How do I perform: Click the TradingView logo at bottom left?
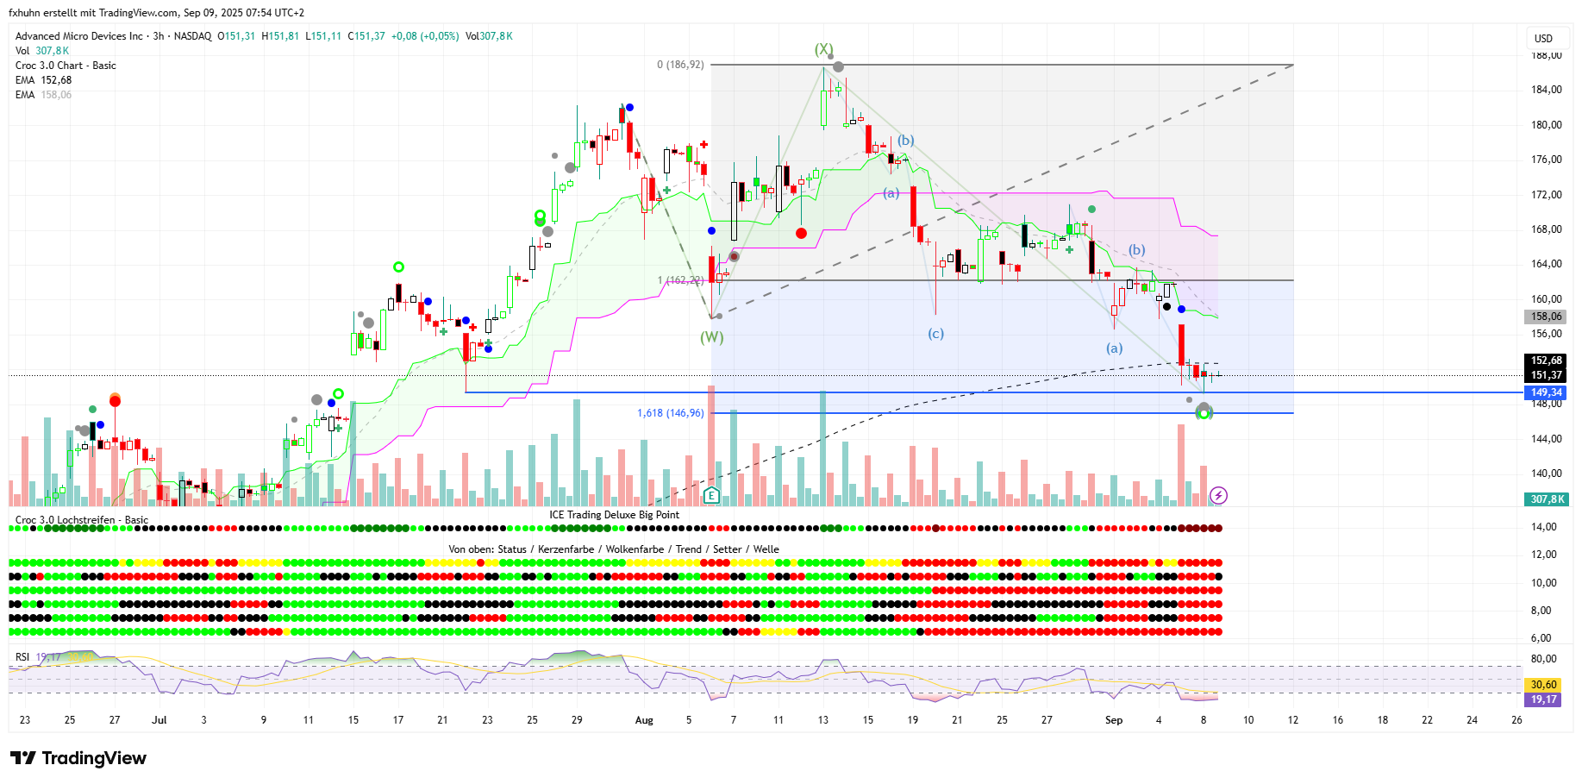[x=78, y=758]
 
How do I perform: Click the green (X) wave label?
[x=824, y=49]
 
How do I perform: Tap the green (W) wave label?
[x=711, y=337]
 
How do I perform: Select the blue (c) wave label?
[x=935, y=333]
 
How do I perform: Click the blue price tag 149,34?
[x=1546, y=392]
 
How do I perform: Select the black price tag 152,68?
[x=1546, y=361]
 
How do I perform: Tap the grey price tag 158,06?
[x=1546, y=317]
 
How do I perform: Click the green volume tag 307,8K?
[x=1546, y=499]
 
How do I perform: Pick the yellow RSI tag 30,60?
[x=1543, y=685]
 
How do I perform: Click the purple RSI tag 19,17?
[x=1543, y=699]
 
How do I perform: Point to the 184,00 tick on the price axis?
[x=1546, y=90]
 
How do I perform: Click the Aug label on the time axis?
[x=644, y=720]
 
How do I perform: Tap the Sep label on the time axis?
[x=1114, y=720]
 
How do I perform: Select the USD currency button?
[x=1543, y=39]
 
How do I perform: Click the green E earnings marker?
[x=711, y=495]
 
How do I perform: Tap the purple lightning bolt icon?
[x=1218, y=495]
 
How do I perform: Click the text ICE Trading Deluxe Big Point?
[x=614, y=515]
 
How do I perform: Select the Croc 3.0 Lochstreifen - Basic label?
[x=82, y=520]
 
